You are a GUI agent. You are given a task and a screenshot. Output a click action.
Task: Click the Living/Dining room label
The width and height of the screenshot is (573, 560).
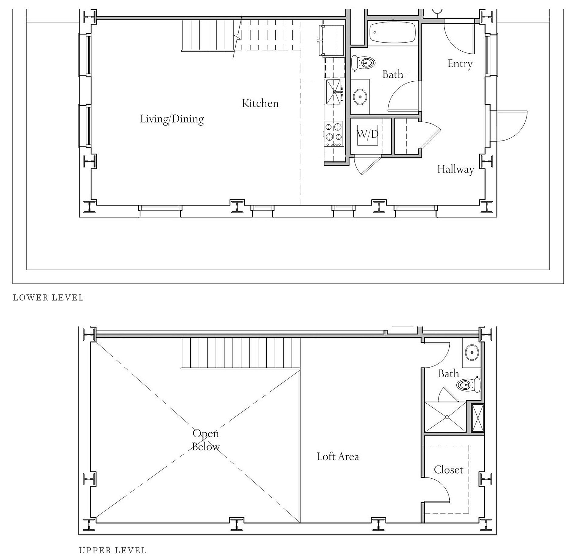(172, 119)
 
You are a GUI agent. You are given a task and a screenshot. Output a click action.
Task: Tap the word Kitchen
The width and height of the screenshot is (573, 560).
(260, 104)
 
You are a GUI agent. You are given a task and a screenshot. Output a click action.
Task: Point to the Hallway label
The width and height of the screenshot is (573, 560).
(455, 169)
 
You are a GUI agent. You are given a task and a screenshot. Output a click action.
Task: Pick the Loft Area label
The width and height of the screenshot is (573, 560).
(338, 456)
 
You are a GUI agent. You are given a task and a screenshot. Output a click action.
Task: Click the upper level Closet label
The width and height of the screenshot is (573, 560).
(449, 470)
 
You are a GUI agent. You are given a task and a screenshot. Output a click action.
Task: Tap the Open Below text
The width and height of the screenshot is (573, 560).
(206, 440)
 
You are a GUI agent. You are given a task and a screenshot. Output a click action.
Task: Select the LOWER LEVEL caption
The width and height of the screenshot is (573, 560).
(49, 298)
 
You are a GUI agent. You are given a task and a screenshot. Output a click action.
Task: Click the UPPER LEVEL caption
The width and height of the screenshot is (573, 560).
(113, 550)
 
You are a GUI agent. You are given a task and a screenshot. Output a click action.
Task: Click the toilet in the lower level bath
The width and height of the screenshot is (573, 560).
(363, 63)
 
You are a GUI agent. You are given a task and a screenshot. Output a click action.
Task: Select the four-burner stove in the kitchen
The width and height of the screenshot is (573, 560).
(334, 134)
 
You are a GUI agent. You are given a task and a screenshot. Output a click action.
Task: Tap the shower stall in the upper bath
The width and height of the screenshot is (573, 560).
(445, 416)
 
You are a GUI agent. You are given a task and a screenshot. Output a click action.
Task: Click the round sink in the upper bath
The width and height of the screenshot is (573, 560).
(472, 352)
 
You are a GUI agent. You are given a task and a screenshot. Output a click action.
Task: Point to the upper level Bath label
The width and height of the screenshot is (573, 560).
(449, 374)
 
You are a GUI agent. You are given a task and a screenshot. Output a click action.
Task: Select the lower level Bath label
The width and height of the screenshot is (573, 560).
(393, 75)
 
